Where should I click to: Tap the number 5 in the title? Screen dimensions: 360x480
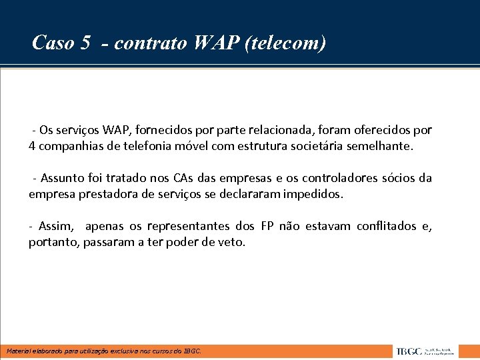point(85,43)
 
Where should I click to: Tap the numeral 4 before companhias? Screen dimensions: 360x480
point(33,146)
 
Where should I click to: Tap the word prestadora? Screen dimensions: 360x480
point(107,194)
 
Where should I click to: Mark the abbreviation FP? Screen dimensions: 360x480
point(267,226)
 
